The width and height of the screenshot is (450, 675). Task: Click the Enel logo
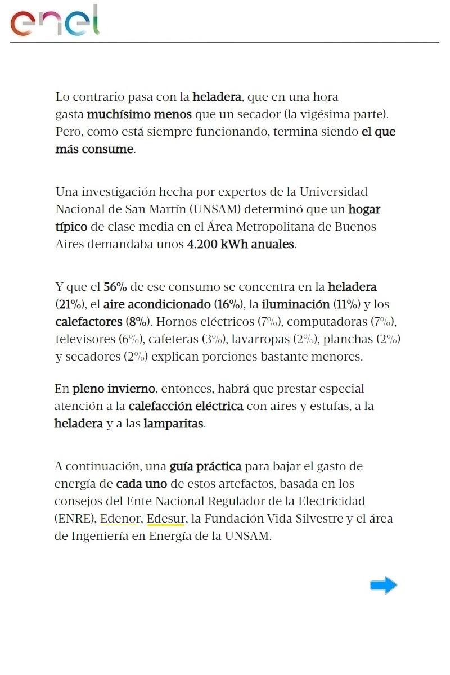55,21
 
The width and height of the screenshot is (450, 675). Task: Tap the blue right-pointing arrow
383,586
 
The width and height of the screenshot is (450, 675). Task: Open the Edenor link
120,519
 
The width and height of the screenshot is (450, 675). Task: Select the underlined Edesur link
165,519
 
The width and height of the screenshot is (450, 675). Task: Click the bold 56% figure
115,287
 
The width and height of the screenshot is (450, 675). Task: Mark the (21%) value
70,304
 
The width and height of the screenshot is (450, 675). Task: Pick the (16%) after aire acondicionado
228,304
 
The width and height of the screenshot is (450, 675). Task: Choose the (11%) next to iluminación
346,304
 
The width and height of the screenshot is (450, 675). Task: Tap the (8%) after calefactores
138,322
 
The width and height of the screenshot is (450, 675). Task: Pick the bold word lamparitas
174,424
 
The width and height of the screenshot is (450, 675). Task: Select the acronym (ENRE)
75,519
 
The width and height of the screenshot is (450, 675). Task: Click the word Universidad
333,192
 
